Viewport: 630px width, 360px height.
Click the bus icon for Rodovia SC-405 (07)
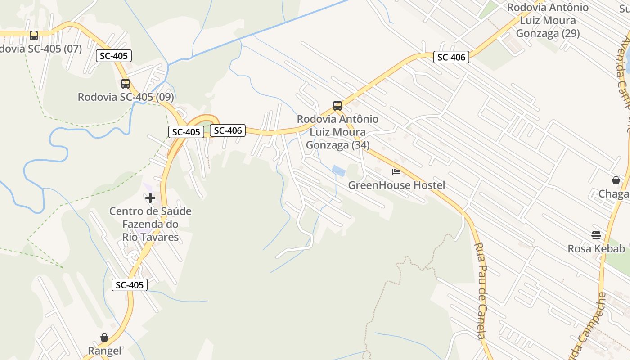point(34,35)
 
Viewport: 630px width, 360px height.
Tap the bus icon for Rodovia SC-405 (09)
point(126,83)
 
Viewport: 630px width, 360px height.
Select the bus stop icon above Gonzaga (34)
point(337,106)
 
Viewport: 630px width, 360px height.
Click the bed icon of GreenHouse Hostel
point(396,172)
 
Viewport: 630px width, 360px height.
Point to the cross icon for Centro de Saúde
point(150,198)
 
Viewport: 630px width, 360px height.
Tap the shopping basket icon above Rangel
point(104,337)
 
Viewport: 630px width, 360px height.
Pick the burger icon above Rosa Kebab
point(596,235)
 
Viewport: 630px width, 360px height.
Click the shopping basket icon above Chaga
point(616,180)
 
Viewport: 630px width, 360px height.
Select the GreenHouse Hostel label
point(396,185)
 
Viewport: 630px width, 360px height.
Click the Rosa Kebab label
point(596,249)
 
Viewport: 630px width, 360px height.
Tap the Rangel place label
point(104,351)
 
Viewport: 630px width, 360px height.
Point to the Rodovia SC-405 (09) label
point(126,97)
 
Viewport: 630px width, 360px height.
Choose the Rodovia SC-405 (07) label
point(40,49)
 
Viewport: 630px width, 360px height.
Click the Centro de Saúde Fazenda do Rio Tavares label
point(150,224)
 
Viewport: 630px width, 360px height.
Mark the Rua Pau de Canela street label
point(481,291)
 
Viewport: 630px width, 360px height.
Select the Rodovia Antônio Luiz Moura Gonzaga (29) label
point(548,21)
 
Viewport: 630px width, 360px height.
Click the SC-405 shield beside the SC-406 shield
point(186,132)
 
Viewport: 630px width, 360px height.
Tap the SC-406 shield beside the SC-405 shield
point(228,130)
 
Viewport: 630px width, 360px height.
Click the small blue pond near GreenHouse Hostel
point(339,171)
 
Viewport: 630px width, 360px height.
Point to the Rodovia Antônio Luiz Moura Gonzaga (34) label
point(337,132)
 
